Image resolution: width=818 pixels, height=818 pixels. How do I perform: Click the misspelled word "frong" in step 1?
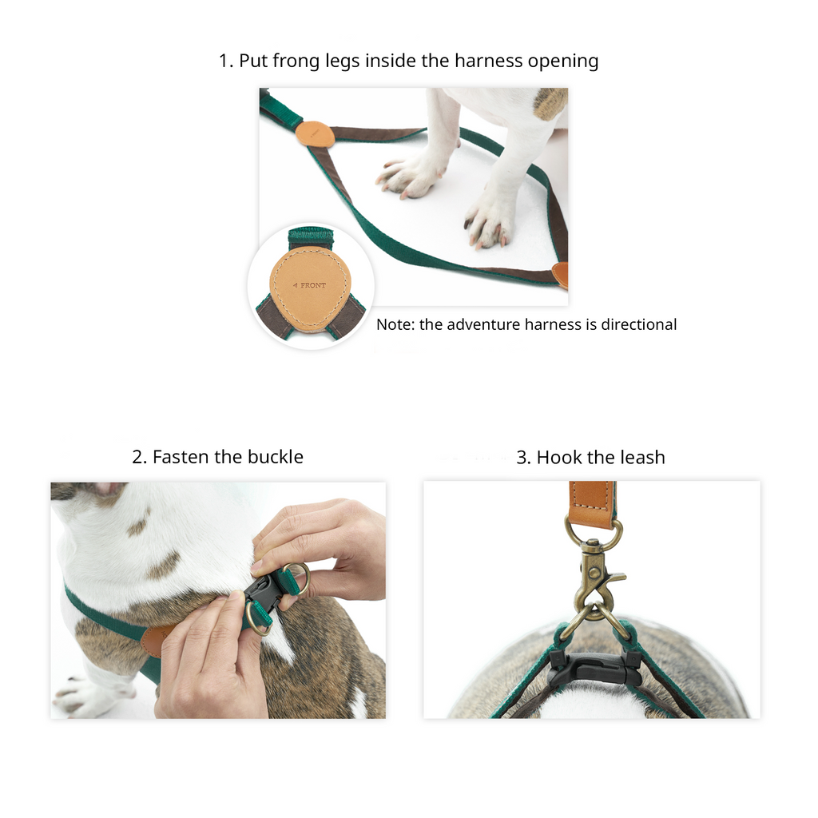pyautogui.click(x=296, y=62)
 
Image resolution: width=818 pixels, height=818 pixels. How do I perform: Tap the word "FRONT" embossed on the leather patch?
pyautogui.click(x=313, y=285)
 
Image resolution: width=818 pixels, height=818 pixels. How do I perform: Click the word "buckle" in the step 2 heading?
pyautogui.click(x=275, y=457)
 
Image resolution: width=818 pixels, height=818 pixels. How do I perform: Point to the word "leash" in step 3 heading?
pyautogui.click(x=643, y=458)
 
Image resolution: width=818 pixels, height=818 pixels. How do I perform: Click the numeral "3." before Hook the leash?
pyautogui.click(x=524, y=458)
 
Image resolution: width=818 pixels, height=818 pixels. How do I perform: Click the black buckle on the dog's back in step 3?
pyautogui.click(x=594, y=668)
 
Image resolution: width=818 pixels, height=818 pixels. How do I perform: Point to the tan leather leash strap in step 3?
pyautogui.click(x=592, y=503)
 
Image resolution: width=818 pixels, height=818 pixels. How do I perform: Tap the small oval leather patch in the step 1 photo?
pyautogui.click(x=315, y=134)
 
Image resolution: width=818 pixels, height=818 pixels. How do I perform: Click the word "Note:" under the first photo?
pyautogui.click(x=395, y=324)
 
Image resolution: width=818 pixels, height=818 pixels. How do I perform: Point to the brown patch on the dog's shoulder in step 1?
pyautogui.click(x=550, y=102)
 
